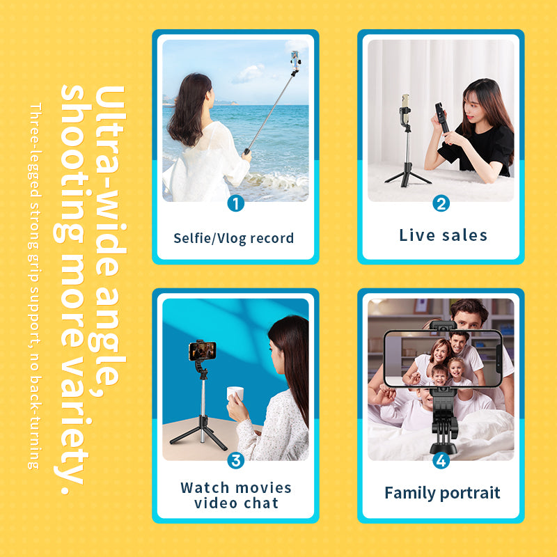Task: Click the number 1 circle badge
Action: (235, 203)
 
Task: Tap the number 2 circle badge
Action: (441, 203)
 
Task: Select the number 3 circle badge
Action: (235, 460)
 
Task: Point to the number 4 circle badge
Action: (441, 460)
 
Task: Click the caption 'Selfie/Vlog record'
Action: (234, 238)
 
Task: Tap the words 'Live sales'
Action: (444, 235)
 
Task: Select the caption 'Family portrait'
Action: (442, 494)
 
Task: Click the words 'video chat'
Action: (236, 503)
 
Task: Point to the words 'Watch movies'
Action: (236, 487)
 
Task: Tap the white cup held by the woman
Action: (235, 395)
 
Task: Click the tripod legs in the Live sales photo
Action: (407, 174)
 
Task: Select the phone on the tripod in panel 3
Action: (200, 350)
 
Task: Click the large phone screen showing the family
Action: (443, 358)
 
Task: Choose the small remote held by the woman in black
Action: (441, 116)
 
